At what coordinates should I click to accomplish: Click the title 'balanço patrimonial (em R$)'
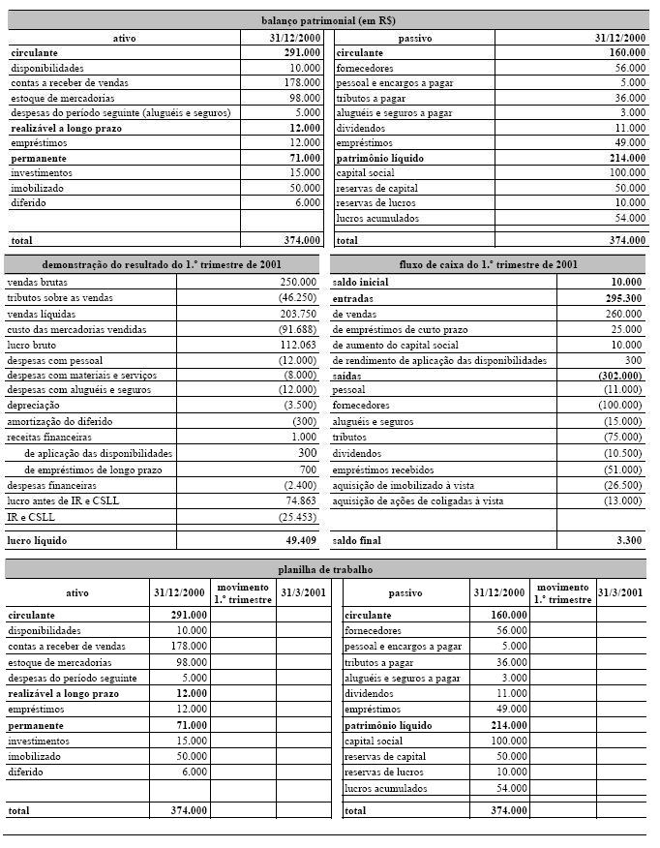pyautogui.click(x=328, y=19)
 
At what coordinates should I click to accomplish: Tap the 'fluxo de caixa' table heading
pyautogui.click(x=489, y=263)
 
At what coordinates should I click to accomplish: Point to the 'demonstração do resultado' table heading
pyautogui.click(x=162, y=263)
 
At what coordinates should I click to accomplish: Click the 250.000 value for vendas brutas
pyautogui.click(x=297, y=282)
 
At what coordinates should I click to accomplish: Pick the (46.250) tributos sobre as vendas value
pyautogui.click(x=295, y=298)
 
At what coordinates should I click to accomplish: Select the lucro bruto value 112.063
pyautogui.click(x=297, y=345)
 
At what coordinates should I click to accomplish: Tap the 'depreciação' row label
pyautogui.click(x=34, y=406)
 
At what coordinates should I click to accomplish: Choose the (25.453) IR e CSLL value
pyautogui.click(x=295, y=517)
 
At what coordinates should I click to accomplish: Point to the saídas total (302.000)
pyautogui.click(x=620, y=376)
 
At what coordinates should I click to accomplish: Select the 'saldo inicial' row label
pyautogui.click(x=360, y=282)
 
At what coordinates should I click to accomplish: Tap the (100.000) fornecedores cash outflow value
pyautogui.click(x=620, y=407)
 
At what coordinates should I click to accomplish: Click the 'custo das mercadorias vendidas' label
pyautogui.click(x=73, y=329)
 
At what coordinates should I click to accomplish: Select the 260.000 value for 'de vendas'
pyautogui.click(x=624, y=314)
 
